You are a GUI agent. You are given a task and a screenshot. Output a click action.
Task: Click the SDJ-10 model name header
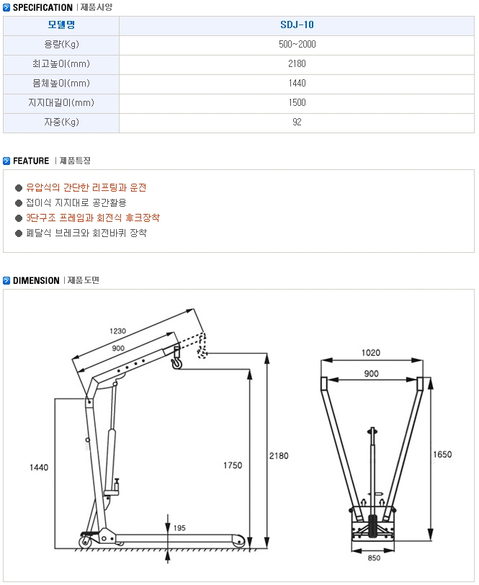(297, 25)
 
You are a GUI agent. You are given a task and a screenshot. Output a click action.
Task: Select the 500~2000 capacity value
(297, 45)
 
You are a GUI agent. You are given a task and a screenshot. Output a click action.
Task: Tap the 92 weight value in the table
(297, 122)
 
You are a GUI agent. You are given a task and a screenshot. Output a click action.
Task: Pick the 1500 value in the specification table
(297, 102)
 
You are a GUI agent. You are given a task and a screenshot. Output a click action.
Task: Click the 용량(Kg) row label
(61, 45)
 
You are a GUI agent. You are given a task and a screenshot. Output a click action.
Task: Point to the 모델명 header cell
(61, 25)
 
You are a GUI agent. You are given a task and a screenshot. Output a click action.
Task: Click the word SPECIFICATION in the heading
(42, 7)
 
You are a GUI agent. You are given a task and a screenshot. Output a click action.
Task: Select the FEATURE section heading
(31, 161)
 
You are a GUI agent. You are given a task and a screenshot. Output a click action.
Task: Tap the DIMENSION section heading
(36, 280)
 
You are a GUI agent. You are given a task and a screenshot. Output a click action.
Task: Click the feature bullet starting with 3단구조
(93, 218)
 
